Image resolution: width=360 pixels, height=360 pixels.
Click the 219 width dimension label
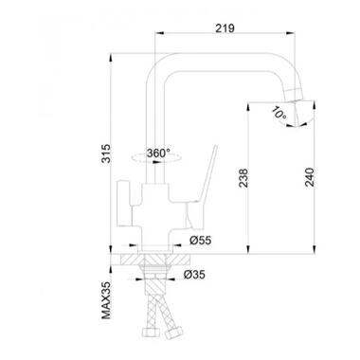pos(225,28)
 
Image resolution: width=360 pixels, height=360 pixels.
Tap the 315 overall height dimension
pos(106,153)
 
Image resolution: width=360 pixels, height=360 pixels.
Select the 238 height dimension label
pos(243,178)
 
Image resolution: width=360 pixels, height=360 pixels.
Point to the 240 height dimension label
pos(310,177)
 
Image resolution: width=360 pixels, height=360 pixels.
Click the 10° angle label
pos(279,114)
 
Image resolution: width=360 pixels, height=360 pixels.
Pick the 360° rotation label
pos(158,153)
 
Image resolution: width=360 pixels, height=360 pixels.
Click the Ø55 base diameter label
pos(201,241)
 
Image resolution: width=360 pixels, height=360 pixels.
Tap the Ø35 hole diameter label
pos(194,275)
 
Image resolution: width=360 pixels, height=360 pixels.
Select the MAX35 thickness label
pos(106,300)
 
